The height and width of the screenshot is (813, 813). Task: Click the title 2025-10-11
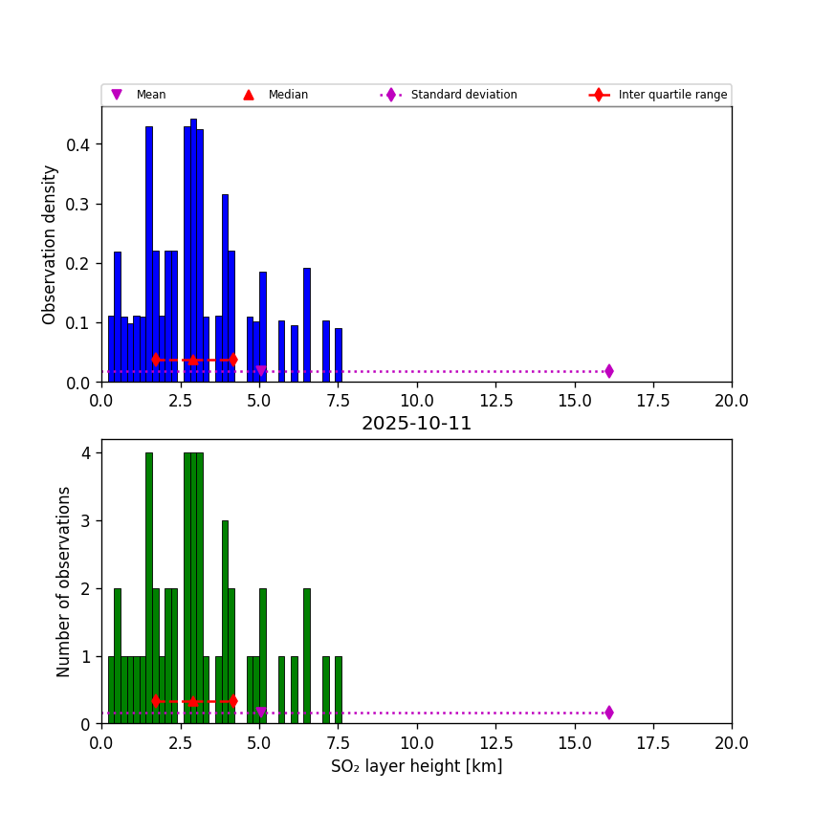(x=416, y=424)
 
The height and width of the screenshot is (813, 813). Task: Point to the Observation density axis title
(x=50, y=244)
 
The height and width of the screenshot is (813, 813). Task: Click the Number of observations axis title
(x=64, y=582)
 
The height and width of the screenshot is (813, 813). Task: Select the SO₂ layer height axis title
(x=416, y=766)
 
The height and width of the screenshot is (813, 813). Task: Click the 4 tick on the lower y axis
(x=86, y=453)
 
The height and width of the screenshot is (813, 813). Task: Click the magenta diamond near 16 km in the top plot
(x=608, y=371)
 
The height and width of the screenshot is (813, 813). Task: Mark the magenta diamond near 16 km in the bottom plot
(x=608, y=713)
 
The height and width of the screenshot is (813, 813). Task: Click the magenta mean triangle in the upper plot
(x=260, y=371)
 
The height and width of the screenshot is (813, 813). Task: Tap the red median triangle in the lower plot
(x=192, y=701)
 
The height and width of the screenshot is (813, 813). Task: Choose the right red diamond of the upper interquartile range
(x=232, y=360)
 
